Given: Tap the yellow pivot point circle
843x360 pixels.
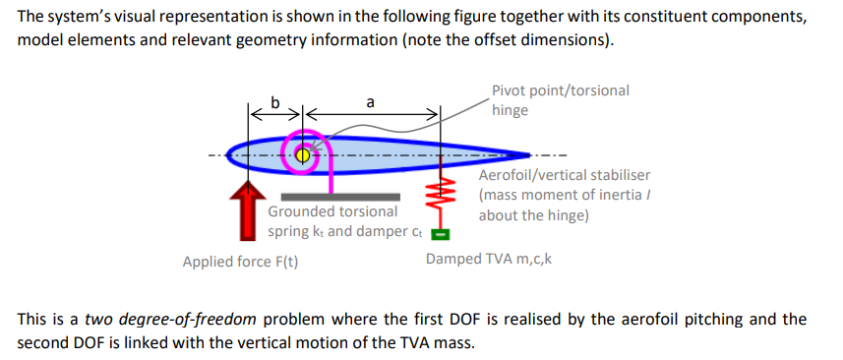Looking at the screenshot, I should tap(302, 154).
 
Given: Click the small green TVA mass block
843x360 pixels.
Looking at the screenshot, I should tap(442, 234).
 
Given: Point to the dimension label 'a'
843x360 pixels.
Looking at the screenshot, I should tap(369, 101).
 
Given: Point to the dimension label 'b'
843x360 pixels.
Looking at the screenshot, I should tap(275, 101).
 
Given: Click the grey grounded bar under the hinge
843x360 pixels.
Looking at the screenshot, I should tap(339, 196).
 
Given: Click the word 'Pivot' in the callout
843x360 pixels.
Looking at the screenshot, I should tap(511, 90).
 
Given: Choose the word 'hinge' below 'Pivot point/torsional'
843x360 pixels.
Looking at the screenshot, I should tap(510, 110).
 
